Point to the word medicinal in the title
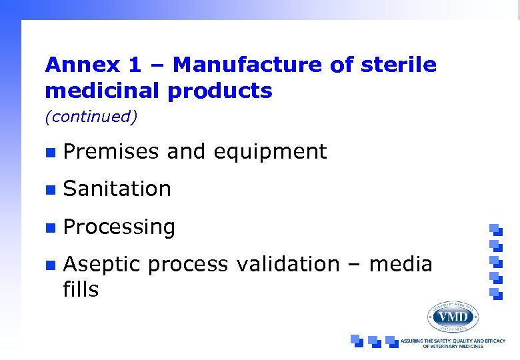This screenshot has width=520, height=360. (x=103, y=91)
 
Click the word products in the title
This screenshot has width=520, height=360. (x=220, y=91)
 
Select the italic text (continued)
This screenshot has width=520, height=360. (x=91, y=117)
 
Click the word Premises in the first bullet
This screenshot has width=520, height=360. (x=111, y=152)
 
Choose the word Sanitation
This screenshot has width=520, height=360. (x=117, y=189)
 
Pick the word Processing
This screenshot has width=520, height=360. (x=119, y=227)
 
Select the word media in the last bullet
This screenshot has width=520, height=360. (x=401, y=265)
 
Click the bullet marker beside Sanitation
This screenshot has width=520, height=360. (x=49, y=190)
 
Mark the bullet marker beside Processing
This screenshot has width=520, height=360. (x=49, y=227)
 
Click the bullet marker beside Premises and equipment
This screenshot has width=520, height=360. (x=49, y=153)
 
